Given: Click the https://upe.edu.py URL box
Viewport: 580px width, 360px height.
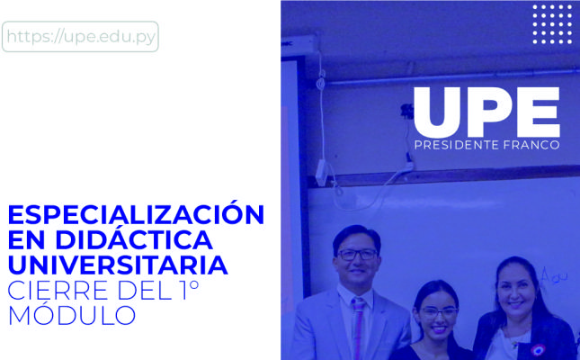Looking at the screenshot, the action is pos(80,36).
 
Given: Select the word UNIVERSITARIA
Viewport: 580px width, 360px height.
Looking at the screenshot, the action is pos(118,265).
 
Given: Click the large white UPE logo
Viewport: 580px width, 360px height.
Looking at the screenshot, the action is pos(486,112).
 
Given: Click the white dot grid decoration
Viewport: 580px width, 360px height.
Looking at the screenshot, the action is pos(552,24).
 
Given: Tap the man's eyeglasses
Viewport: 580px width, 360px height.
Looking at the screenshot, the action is pos(357,255).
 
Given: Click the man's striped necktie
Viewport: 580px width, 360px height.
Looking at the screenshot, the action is pos(358,326).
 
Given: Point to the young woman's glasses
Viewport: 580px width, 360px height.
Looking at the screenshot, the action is pos(438,312).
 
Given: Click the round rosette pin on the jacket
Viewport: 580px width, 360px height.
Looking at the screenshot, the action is pos(538,350).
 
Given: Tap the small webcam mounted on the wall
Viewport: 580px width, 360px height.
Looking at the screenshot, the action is pos(406,111).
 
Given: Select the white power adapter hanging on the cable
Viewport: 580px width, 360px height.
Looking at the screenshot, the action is pos(321,172).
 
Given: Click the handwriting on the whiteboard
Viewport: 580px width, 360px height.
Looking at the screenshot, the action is pos(553,276).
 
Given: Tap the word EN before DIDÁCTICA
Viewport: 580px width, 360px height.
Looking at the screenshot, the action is pos(26,240).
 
